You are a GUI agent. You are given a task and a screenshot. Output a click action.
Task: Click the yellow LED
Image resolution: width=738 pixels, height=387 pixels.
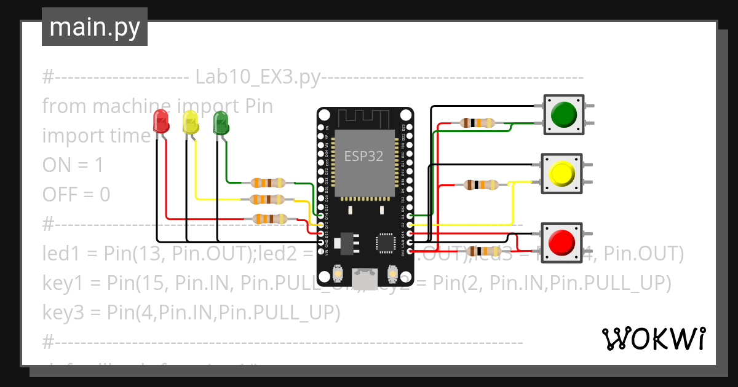191,122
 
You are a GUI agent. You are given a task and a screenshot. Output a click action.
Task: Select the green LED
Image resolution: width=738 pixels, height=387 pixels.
220,122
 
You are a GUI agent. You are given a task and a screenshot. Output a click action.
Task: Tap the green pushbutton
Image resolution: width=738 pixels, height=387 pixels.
563,114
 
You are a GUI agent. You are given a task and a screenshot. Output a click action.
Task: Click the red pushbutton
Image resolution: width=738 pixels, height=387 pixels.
561,243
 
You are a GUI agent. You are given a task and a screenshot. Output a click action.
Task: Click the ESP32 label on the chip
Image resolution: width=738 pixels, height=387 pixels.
363,156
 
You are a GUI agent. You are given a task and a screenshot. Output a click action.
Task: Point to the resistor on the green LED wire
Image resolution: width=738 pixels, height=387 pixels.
268,182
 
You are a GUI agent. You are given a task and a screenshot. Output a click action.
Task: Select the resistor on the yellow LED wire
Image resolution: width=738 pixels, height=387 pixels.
268,199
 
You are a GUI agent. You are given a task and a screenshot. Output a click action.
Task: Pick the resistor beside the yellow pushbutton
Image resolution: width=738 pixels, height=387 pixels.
482,184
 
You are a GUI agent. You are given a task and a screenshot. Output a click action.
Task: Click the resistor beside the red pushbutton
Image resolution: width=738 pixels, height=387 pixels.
484,251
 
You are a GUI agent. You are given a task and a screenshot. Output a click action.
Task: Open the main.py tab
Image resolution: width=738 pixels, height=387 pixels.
95,27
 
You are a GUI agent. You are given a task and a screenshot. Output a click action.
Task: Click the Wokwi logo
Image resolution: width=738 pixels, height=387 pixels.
653,339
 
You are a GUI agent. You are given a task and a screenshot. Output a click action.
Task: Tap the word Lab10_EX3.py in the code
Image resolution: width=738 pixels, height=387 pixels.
258,77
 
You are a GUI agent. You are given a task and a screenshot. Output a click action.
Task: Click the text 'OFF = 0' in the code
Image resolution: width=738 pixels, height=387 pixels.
76,195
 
